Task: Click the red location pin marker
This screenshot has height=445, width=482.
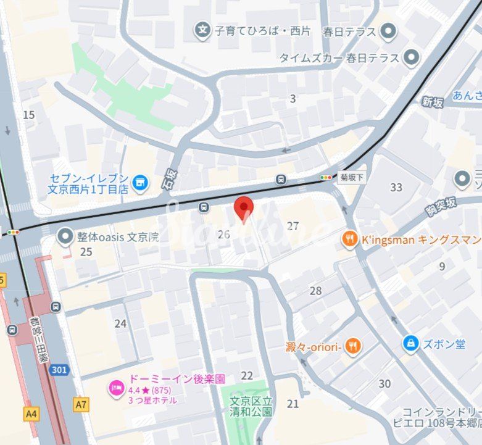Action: [244, 208]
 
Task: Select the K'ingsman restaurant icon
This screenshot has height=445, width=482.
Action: [350, 239]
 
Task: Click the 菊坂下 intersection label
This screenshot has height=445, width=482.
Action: [352, 177]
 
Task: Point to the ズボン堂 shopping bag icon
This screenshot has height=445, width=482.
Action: [410, 344]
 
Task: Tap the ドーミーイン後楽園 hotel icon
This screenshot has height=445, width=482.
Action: [115, 388]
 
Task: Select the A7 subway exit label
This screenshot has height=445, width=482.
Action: [80, 405]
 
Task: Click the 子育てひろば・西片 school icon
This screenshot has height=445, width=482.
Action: [202, 29]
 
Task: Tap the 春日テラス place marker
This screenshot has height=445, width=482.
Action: [388, 30]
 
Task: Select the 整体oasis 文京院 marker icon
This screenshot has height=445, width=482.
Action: [65, 236]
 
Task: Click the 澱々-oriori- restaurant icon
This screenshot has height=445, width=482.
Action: [352, 346]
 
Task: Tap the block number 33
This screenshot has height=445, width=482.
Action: [396, 188]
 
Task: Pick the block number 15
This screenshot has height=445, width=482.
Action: [28, 115]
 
